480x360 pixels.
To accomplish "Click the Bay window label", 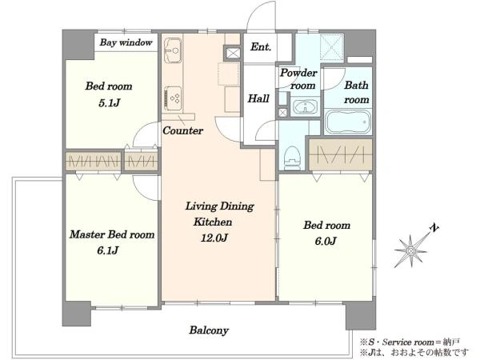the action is click(x=126, y=42).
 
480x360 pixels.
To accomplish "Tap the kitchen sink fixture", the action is click(x=173, y=50).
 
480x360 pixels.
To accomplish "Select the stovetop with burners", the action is click(x=173, y=98).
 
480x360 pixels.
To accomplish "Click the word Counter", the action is click(x=182, y=130).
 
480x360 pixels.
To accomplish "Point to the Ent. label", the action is click(x=261, y=47).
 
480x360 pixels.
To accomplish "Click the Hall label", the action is click(x=258, y=98).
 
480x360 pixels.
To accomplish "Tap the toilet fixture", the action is click(x=292, y=158).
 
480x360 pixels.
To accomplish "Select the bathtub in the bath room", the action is click(x=348, y=122).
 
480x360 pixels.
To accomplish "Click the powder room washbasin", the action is click(x=305, y=107).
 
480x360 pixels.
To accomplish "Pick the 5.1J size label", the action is click(x=109, y=103).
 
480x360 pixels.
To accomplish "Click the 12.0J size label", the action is click(x=214, y=238).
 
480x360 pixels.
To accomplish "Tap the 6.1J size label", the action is click(x=108, y=250).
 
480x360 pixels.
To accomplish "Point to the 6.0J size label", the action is click(x=326, y=241).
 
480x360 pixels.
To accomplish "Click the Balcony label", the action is click(x=209, y=330).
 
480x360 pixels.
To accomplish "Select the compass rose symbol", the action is click(x=410, y=251).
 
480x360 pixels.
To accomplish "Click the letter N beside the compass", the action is click(x=434, y=228).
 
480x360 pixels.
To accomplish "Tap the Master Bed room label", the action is click(x=112, y=234).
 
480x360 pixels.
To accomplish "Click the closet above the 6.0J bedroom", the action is click(x=341, y=154).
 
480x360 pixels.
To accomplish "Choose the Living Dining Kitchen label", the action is click(x=219, y=214).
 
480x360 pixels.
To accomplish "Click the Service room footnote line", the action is click(x=410, y=342).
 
